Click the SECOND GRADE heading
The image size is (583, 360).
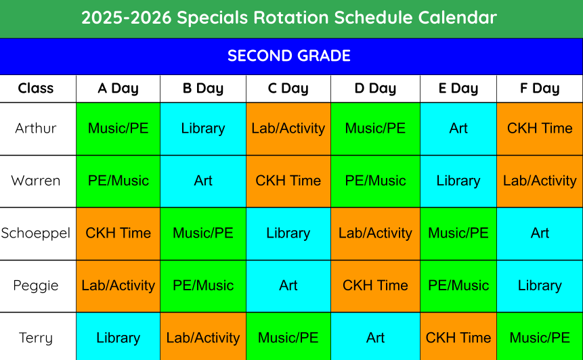pos(289,55)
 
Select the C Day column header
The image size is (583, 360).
pos(288,89)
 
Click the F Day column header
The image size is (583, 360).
pos(540,89)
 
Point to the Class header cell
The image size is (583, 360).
pos(36,89)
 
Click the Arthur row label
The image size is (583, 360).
pos(36,129)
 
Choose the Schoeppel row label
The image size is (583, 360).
pos(36,233)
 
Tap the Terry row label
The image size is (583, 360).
pos(36,338)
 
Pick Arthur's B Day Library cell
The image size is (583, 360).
pos(203,129)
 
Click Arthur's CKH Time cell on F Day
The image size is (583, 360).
pos(540,129)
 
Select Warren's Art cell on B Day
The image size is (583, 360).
pos(203,181)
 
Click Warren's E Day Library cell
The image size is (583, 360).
pos(458,181)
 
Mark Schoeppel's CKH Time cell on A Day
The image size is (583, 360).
pos(118,233)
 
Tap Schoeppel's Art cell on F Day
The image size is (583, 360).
pos(540,233)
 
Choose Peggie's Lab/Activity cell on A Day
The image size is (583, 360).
pos(118,286)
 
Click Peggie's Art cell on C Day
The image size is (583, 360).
pos(288,286)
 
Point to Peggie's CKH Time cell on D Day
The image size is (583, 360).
pos(375,286)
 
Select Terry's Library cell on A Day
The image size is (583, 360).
pos(118,338)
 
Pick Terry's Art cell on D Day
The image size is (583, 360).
pos(375,338)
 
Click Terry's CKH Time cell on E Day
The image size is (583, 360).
pos(458,338)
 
